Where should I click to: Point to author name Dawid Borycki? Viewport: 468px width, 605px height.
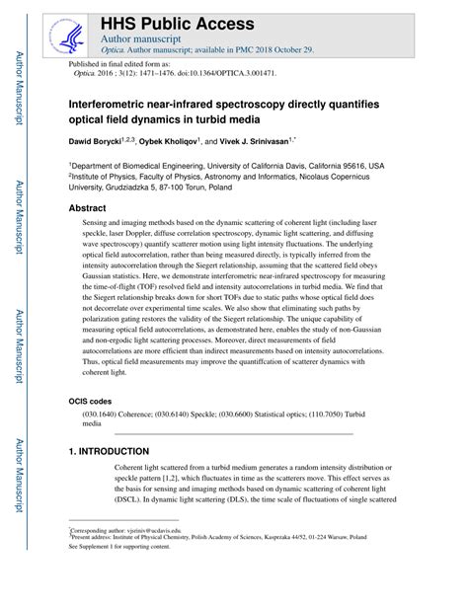coord(104,141)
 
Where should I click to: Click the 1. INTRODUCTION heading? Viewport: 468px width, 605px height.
coord(109,451)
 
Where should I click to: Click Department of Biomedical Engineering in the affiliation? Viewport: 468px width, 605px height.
coord(148,167)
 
